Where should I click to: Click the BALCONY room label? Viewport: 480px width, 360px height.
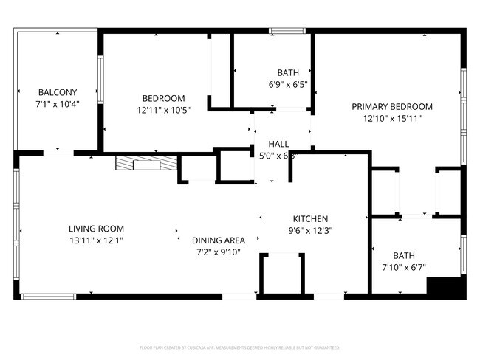pyautogui.click(x=57, y=92)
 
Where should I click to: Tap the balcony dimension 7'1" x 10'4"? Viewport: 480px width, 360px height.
pyautogui.click(x=57, y=104)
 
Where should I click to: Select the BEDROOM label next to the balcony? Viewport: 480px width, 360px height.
pyautogui.click(x=163, y=98)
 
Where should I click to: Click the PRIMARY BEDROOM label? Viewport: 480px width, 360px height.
pyautogui.click(x=392, y=106)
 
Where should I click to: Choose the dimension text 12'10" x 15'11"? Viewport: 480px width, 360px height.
pyautogui.click(x=392, y=118)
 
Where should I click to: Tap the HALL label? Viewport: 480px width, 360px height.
pyautogui.click(x=278, y=144)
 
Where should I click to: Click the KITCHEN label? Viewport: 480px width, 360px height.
pyautogui.click(x=310, y=219)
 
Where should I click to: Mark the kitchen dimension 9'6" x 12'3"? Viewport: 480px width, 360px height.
pyautogui.click(x=310, y=230)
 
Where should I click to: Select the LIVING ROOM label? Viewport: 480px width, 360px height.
pyautogui.click(x=96, y=229)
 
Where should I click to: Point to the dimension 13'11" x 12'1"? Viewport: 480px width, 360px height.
pyautogui.click(x=96, y=240)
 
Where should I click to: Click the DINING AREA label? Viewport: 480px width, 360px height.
pyautogui.click(x=219, y=240)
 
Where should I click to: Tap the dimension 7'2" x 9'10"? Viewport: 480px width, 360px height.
pyautogui.click(x=219, y=252)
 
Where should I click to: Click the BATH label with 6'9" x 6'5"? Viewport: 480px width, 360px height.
pyautogui.click(x=288, y=72)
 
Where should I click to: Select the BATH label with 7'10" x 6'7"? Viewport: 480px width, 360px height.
pyautogui.click(x=404, y=255)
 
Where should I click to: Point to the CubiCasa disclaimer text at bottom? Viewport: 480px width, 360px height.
pyautogui.click(x=239, y=347)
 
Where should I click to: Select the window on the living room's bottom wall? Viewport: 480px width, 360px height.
pyautogui.click(x=48, y=297)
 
